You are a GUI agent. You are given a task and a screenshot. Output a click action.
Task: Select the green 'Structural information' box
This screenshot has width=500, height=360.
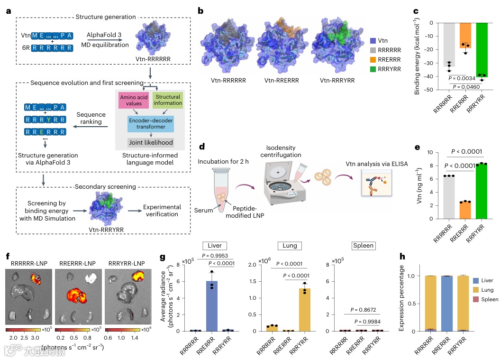168,100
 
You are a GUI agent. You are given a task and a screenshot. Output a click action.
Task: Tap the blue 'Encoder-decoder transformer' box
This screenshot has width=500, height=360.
151,123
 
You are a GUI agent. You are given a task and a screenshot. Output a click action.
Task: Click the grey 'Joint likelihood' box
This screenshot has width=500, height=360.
151,142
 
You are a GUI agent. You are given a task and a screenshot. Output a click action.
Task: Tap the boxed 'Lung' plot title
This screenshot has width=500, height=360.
290,246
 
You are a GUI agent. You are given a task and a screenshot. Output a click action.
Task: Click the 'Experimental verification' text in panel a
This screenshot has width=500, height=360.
163,211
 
